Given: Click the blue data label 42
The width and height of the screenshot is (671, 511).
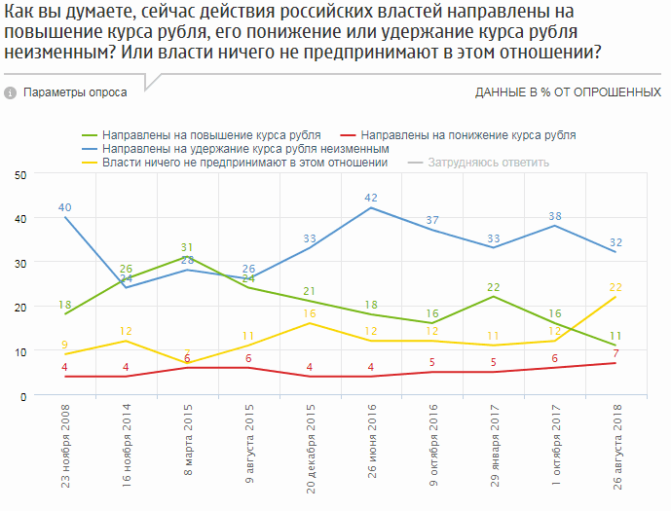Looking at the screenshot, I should tap(371, 198).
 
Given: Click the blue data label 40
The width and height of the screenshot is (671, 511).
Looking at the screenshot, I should tap(65, 207).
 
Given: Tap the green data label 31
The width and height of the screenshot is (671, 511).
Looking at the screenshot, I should tap(188, 247).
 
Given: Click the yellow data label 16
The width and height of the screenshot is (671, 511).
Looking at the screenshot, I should tap(310, 313).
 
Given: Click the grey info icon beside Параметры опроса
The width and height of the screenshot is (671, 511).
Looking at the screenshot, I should tap(11, 92).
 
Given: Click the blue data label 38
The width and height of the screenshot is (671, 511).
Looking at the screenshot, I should tap(554, 216).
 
